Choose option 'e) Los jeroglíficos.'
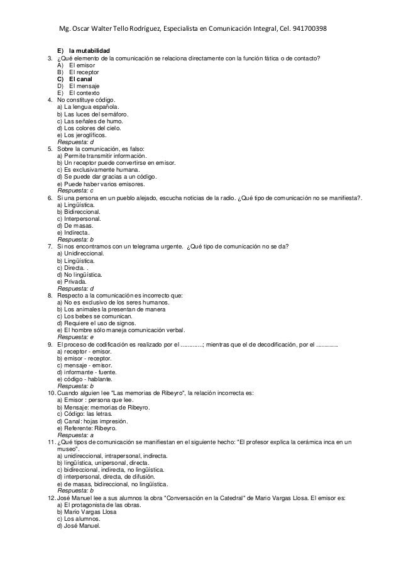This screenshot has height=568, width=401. coord(82,135)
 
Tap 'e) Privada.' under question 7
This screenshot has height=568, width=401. coord(73,282)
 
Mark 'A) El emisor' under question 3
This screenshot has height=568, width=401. coord(75,65)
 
